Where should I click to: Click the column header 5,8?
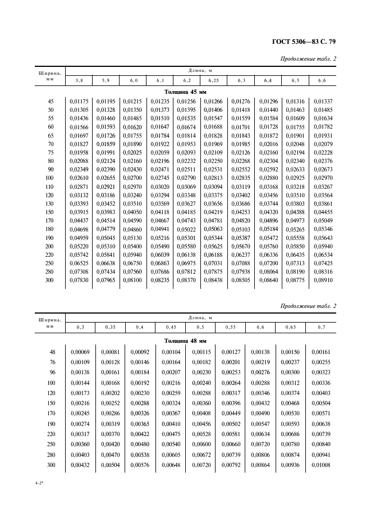click(79, 81)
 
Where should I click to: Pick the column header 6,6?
click(322, 81)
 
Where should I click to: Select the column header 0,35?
click(110, 327)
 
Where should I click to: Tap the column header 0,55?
click(230, 327)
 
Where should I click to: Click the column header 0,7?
click(320, 327)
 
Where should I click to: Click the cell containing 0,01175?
click(79, 101)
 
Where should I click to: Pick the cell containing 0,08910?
click(322, 280)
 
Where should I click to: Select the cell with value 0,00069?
click(80, 352)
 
